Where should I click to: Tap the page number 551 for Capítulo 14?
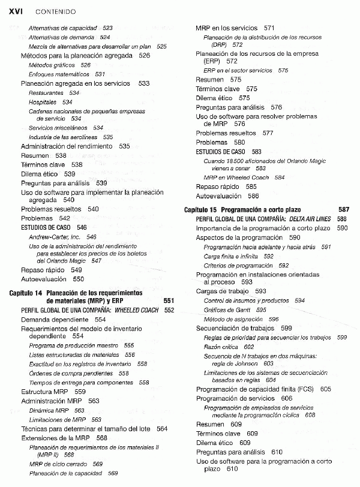point(169,300)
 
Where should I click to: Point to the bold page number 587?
point(343,210)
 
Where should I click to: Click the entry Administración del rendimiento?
point(67,146)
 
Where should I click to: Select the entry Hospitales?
point(43,102)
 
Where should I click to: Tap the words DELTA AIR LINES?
point(310,219)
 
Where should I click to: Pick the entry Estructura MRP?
point(45,392)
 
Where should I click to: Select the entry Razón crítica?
point(221,347)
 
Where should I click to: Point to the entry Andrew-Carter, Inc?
point(54,237)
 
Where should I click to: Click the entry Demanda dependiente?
point(54,320)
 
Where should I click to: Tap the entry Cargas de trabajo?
point(223,291)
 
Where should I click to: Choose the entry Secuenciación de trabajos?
point(235,328)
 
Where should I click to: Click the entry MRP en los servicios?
point(226,28)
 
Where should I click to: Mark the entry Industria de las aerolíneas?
point(62,137)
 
